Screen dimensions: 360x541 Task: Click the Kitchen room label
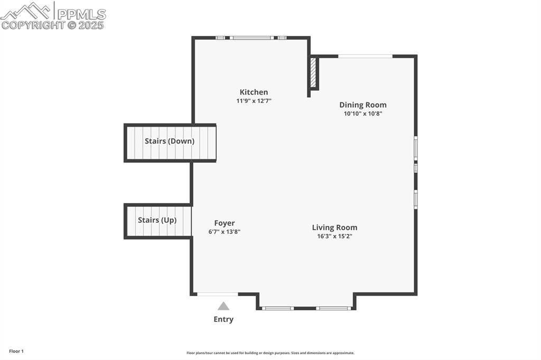254,92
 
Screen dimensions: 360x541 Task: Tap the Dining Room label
362,105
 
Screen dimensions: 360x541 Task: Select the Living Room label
334,228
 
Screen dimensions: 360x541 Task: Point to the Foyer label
224,223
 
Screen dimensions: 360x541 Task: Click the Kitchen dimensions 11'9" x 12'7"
254,101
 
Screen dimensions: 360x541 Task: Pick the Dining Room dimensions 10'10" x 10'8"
362,113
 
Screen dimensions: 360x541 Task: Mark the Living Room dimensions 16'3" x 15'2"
334,236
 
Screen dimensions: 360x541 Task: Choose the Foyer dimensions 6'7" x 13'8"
224,232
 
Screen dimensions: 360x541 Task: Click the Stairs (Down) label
170,141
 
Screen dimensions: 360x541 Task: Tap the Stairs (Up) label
157,220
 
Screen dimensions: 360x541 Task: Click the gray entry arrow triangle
223,306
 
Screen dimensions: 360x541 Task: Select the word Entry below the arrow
223,319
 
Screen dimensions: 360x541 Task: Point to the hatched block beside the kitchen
313,73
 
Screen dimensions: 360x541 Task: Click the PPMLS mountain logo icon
26,11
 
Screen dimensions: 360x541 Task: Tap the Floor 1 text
16,351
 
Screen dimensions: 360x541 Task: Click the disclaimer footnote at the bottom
270,353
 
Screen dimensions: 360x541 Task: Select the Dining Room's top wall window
365,56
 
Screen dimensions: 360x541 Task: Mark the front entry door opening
217,294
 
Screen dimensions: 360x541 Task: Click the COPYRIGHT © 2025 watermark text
53,25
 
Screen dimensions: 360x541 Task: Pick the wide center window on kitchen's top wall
252,37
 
